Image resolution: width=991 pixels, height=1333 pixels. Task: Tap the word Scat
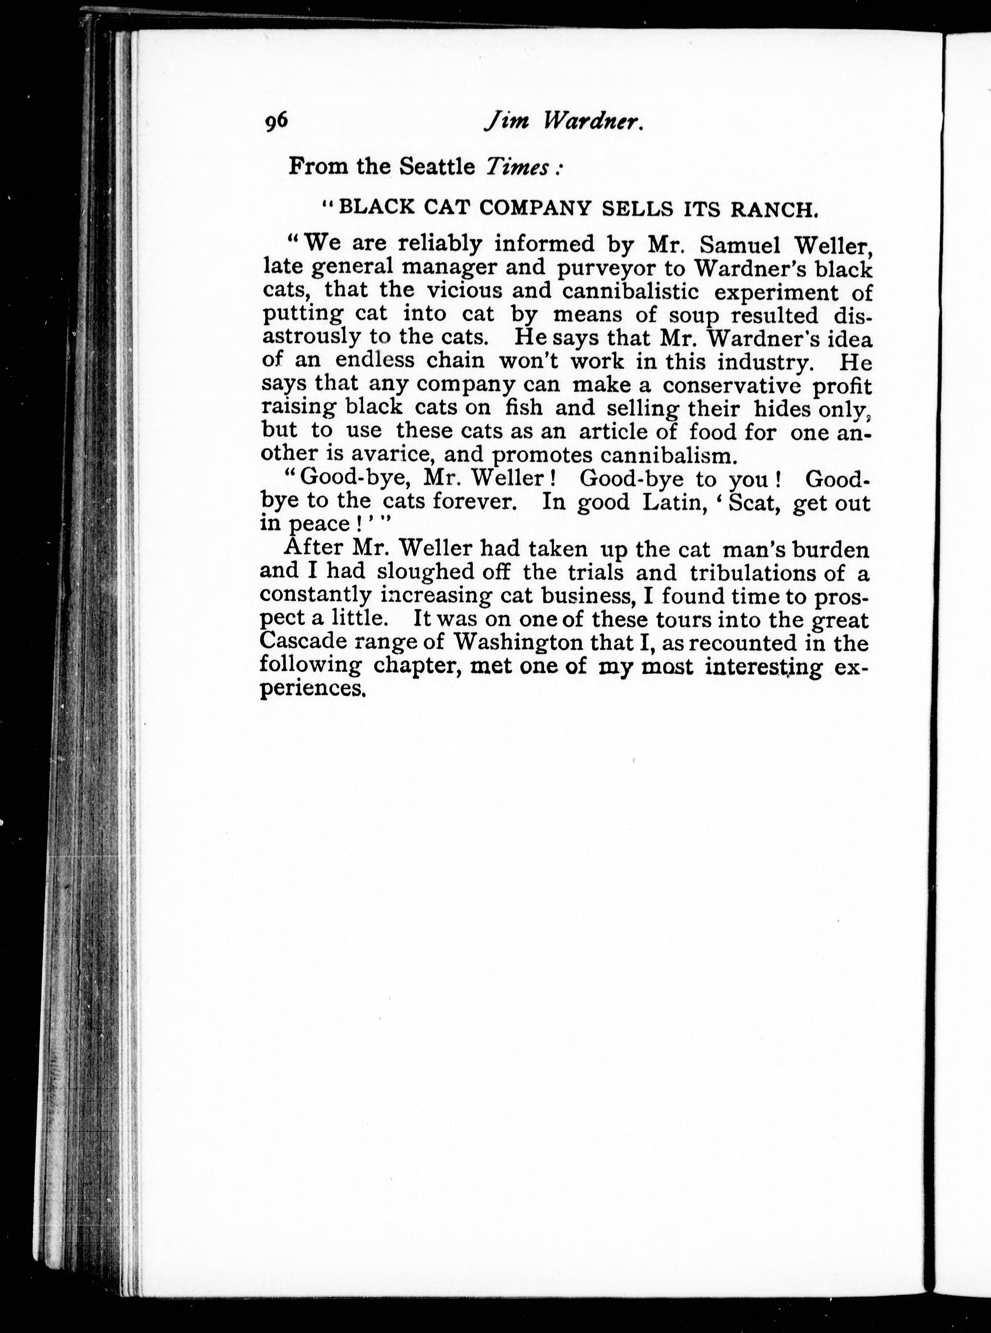coord(752,501)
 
